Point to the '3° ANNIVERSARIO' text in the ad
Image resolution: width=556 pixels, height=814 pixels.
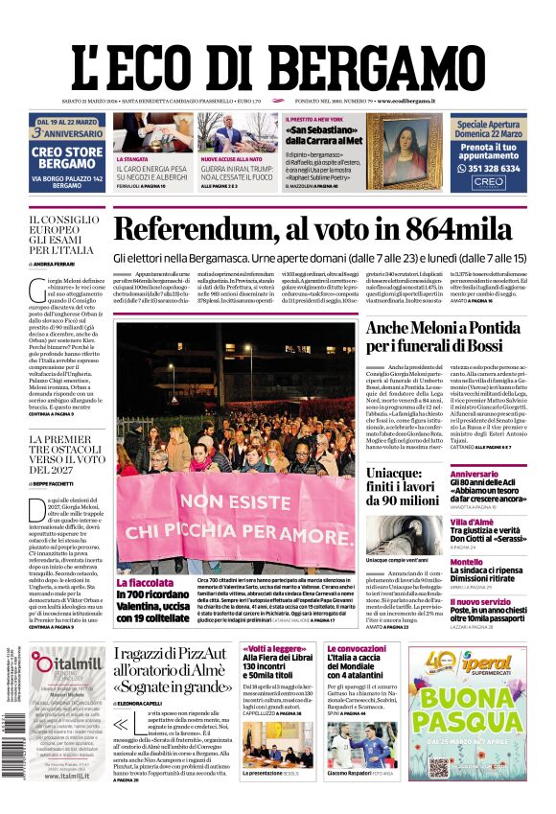[x=67, y=133]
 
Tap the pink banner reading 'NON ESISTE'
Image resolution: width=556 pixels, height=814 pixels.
[x=221, y=501]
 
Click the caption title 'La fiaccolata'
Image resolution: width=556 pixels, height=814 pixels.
[x=145, y=581]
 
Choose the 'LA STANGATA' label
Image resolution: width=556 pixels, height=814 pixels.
[x=132, y=158]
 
